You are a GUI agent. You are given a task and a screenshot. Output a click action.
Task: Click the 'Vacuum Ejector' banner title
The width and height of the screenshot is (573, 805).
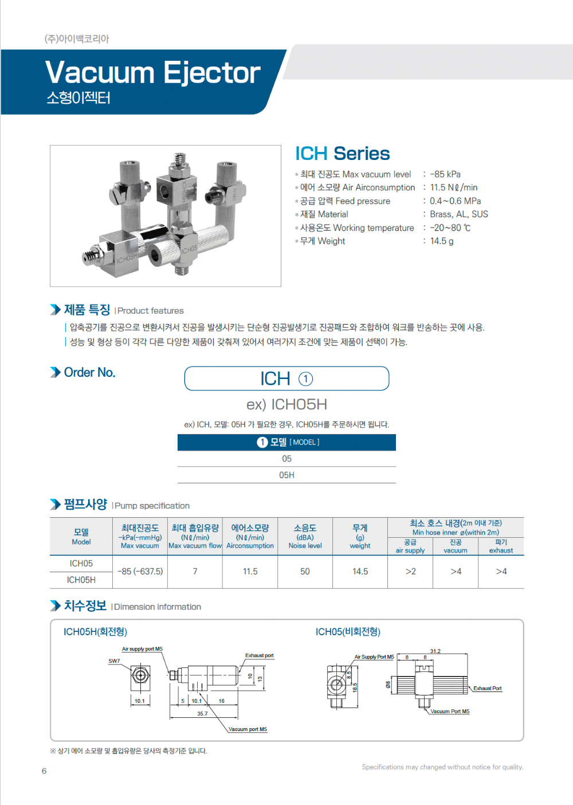[152, 73]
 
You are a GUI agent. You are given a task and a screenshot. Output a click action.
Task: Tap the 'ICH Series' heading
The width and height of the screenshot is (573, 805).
[342, 154]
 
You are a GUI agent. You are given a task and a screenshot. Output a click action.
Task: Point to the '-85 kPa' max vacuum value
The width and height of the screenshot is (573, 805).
[445, 174]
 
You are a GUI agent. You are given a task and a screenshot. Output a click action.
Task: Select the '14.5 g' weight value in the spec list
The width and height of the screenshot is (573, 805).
[442, 241]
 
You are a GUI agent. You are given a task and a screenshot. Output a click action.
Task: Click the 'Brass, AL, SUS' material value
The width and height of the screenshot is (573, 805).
[459, 214]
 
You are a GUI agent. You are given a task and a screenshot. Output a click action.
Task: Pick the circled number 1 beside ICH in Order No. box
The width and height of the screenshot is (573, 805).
[306, 379]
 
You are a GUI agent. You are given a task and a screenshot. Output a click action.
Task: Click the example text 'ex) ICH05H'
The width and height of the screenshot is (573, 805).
[286, 404]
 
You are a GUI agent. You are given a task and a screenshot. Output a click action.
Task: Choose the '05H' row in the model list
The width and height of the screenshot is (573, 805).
[286, 475]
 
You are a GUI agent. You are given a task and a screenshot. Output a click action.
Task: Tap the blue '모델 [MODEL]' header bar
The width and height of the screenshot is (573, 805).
[286, 442]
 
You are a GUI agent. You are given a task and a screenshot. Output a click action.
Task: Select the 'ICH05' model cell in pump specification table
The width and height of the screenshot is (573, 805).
[81, 564]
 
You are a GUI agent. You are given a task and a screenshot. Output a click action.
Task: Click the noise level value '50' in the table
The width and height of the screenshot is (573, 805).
[305, 572]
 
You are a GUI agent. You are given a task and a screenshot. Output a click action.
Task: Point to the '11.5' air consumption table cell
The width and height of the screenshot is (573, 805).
[250, 572]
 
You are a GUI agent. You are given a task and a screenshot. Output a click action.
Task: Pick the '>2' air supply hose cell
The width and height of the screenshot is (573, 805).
[410, 572]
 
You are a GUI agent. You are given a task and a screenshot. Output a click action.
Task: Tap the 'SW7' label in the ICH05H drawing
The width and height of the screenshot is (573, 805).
[114, 661]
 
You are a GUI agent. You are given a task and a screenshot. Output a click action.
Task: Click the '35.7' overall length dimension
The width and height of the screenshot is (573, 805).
[202, 714]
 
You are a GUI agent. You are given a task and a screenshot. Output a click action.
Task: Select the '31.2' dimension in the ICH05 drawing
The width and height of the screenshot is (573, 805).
[435, 651]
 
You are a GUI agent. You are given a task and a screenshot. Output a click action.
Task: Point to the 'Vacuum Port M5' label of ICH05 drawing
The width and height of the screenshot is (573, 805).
[450, 712]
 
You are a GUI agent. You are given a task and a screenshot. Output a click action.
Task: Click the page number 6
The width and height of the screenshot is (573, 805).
[44, 771]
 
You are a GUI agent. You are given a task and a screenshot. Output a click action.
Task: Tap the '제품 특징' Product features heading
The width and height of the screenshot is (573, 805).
[87, 310]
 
